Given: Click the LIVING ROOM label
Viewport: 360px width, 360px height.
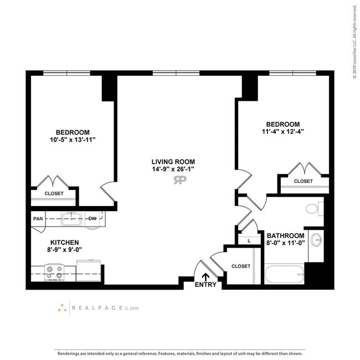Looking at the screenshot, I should [173, 161].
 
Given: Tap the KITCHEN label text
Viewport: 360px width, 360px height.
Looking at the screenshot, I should [65, 243].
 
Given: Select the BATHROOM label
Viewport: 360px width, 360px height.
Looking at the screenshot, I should [285, 235].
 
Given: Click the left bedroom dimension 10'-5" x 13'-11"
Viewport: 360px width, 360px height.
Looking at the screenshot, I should [73, 140].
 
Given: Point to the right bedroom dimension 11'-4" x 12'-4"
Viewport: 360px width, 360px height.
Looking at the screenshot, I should [282, 132].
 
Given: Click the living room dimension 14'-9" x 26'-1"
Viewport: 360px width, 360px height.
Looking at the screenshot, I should [173, 169].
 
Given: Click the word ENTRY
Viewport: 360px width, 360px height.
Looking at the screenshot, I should [206, 285].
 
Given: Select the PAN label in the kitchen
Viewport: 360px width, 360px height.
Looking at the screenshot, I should [38, 218].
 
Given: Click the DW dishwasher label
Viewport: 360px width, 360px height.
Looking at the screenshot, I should [92, 218].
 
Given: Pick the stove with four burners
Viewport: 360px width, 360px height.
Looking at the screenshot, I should [54, 271].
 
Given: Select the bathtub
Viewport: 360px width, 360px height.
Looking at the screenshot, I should [284, 274].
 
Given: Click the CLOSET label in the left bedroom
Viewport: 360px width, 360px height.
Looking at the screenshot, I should [54, 193].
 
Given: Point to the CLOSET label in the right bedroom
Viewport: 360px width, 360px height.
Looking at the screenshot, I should [303, 181].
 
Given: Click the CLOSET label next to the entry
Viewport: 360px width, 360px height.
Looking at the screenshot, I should [241, 266].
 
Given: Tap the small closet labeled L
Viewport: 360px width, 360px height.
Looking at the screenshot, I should [249, 240].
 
